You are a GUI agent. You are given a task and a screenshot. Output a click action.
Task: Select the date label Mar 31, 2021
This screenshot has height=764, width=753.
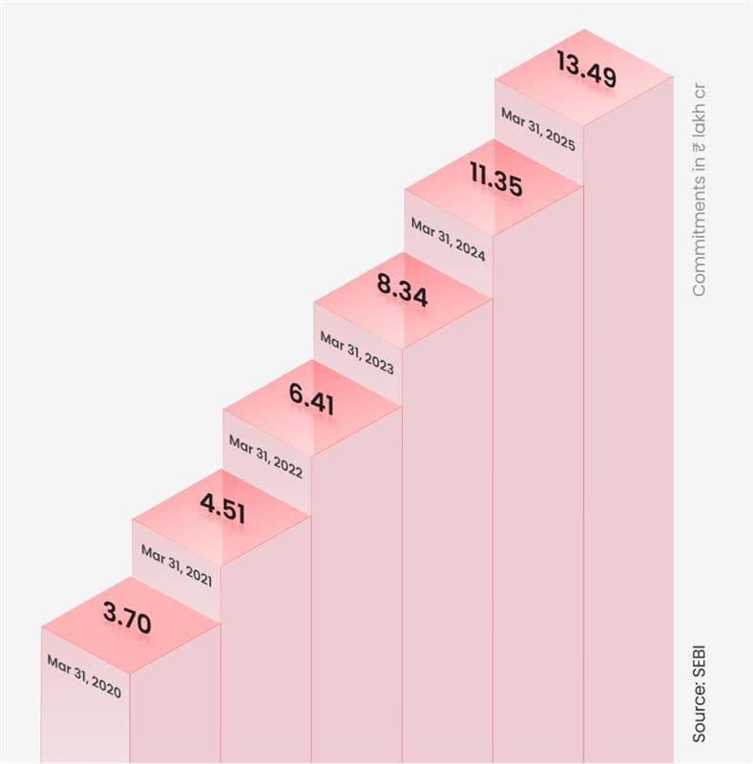pyautogui.click(x=177, y=564)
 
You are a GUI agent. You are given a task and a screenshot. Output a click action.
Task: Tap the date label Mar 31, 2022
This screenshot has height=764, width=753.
pyautogui.click(x=265, y=456)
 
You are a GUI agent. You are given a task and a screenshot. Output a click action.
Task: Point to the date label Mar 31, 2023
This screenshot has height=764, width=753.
pyautogui.click(x=357, y=348)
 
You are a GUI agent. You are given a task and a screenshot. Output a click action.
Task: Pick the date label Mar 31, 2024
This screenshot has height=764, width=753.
pyautogui.click(x=448, y=238)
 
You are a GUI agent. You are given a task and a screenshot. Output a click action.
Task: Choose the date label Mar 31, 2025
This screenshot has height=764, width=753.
pyautogui.click(x=538, y=129)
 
